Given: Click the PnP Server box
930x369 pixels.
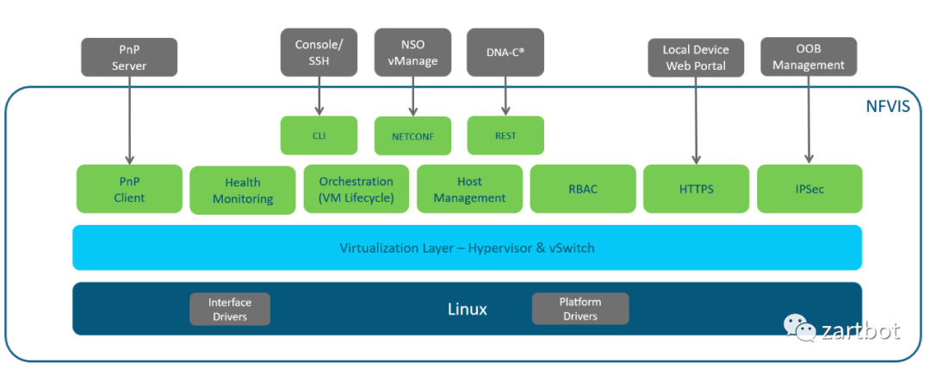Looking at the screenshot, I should pyautogui.click(x=129, y=57).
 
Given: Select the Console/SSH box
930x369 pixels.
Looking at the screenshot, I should pyautogui.click(x=319, y=52).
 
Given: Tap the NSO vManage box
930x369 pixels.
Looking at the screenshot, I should pyautogui.click(x=413, y=52).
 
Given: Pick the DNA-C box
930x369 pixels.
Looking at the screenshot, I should pyautogui.click(x=505, y=52).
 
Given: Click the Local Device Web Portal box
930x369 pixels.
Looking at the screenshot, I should pyautogui.click(x=696, y=57).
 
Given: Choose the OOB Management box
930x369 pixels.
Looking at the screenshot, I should pyautogui.click(x=809, y=57).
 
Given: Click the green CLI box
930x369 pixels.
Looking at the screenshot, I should pyautogui.click(x=319, y=135).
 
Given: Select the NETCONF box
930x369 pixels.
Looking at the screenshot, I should pyautogui.click(x=412, y=136).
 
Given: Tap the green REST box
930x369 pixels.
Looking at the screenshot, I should pyautogui.click(x=505, y=136).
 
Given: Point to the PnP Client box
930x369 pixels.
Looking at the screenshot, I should pyautogui.click(x=129, y=190).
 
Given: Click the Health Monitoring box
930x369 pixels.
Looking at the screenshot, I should pyautogui.click(x=242, y=191).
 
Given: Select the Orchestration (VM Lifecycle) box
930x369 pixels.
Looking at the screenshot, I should pyautogui.click(x=356, y=190).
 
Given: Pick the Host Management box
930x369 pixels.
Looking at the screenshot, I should pyautogui.click(x=469, y=190).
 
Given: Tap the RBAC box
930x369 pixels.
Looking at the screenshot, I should pyautogui.click(x=582, y=190).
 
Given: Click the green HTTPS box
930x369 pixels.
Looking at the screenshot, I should pyautogui.click(x=696, y=190).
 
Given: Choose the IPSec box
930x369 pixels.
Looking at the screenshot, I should pyautogui.click(x=809, y=190).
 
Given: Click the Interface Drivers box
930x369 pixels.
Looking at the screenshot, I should pyautogui.click(x=230, y=310).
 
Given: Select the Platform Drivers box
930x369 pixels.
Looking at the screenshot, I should pyautogui.click(x=580, y=310).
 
